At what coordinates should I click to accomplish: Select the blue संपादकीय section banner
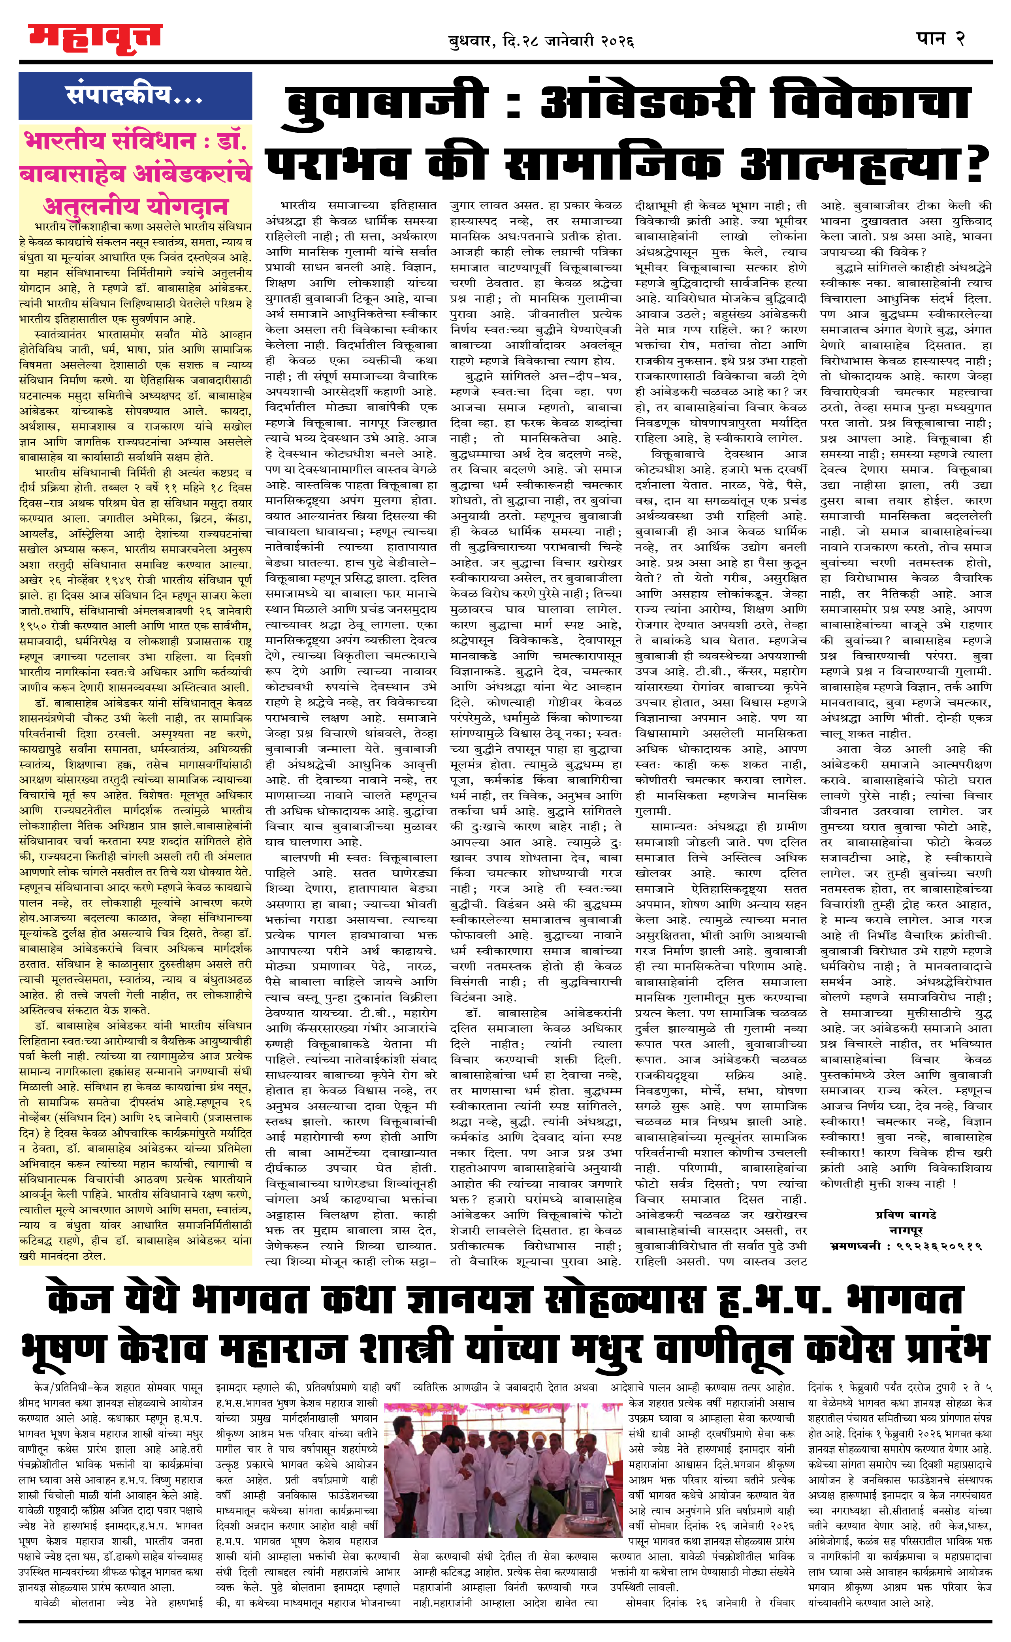coord(135,96)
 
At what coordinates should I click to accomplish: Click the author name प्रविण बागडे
coord(906,1214)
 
